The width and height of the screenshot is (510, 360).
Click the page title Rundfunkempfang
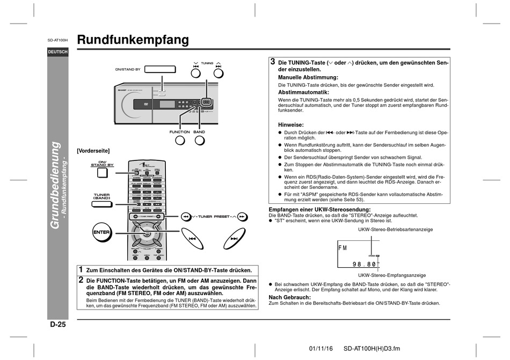pyautogui.click(x=133, y=40)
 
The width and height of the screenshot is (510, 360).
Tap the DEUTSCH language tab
pyautogui.click(x=57, y=52)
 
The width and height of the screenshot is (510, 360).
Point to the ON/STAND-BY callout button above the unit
pyautogui.click(x=161, y=69)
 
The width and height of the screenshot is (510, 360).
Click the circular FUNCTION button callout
pyautogui.click(x=179, y=141)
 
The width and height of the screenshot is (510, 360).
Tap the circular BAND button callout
pyautogui.click(x=199, y=141)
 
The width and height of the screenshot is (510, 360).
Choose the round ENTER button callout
pyautogui.click(x=101, y=232)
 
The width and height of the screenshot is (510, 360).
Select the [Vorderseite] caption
pyautogui.click(x=93, y=151)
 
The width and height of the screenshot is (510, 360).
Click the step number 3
pyautogui.click(x=273, y=62)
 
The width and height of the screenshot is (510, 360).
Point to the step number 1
pyautogui.click(x=81, y=269)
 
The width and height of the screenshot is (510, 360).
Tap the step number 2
pyautogui.click(x=81, y=280)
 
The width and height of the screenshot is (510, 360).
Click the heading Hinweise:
pyautogui.click(x=290, y=124)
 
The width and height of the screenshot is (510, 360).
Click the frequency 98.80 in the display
pyautogui.click(x=365, y=265)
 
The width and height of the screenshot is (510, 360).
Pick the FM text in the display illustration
pyautogui.click(x=343, y=248)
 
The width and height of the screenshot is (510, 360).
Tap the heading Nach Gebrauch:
pyautogui.click(x=289, y=297)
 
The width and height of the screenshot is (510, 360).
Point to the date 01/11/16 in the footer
pyautogui.click(x=321, y=348)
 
